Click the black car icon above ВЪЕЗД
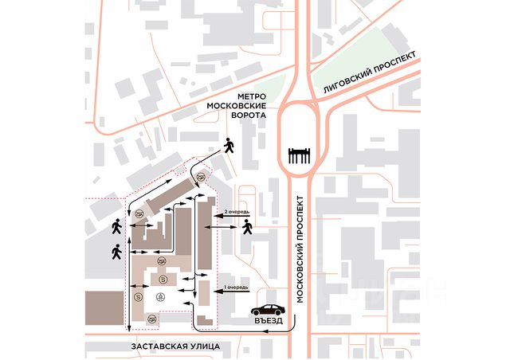tap(267, 309)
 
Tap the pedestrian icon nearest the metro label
tap(229, 145)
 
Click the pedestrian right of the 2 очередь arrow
tap(247, 228)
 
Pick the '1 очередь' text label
tap(236, 286)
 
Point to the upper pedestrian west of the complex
tap(117, 226)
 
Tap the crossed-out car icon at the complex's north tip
tap(202, 177)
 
